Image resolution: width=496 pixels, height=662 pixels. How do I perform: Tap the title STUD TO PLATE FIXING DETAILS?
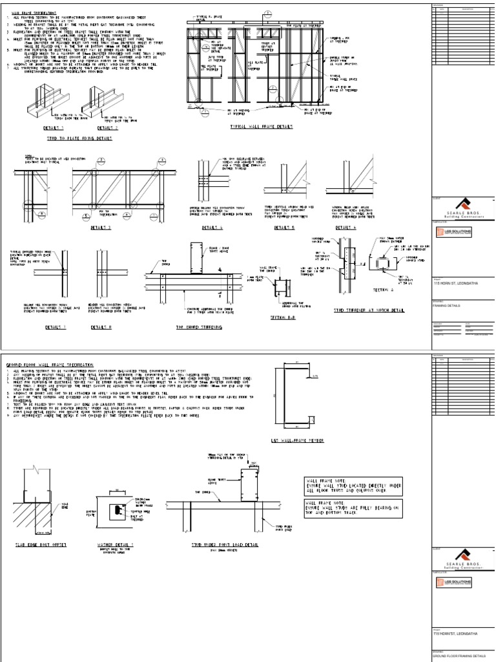pyautogui.click(x=79, y=138)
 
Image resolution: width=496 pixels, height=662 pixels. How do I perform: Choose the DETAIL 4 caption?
pyautogui.click(x=211, y=228)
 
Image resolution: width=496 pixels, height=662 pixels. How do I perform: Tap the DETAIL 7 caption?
pyautogui.click(x=56, y=328)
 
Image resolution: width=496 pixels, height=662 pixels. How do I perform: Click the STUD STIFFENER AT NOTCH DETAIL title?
pyautogui.click(x=369, y=310)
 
